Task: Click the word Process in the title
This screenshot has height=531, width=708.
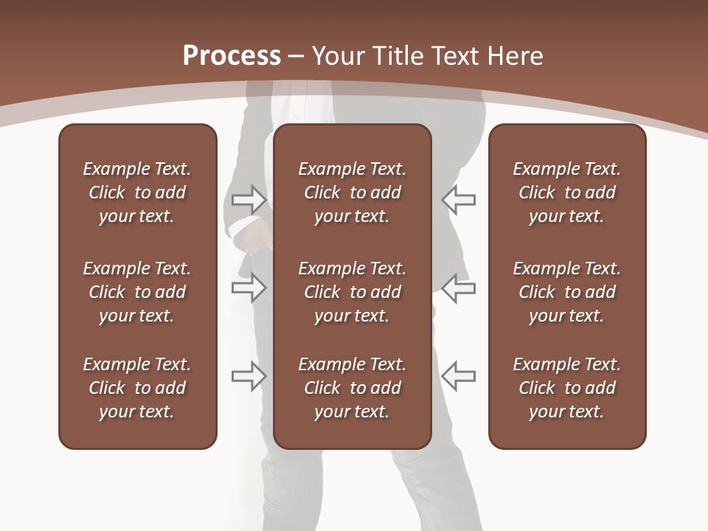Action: [232, 56]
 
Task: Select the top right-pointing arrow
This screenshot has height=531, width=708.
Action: [249, 199]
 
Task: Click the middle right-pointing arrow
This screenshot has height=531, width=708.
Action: [249, 288]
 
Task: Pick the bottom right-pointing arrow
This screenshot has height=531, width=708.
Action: [249, 376]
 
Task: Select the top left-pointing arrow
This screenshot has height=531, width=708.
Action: [458, 199]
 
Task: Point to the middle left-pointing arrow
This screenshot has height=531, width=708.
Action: [458, 288]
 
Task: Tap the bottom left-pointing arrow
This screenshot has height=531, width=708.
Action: [458, 376]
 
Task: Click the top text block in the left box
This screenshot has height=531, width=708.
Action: [137, 192]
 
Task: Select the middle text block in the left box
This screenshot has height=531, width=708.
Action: [137, 292]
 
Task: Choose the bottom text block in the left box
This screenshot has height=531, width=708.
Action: [137, 388]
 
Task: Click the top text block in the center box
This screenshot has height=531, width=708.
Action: [352, 192]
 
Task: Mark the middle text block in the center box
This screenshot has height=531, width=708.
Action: [352, 292]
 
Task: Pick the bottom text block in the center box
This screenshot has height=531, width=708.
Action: [352, 388]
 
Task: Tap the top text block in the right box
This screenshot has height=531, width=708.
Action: [566, 192]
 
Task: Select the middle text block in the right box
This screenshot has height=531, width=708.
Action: [566, 292]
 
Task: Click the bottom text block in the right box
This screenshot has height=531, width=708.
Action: [566, 388]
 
